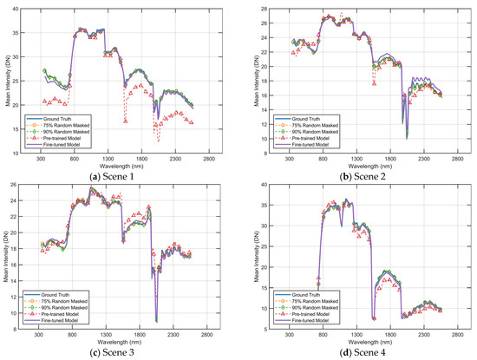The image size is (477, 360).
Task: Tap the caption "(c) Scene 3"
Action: [118, 353]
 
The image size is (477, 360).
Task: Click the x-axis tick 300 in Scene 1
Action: [40, 160]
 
